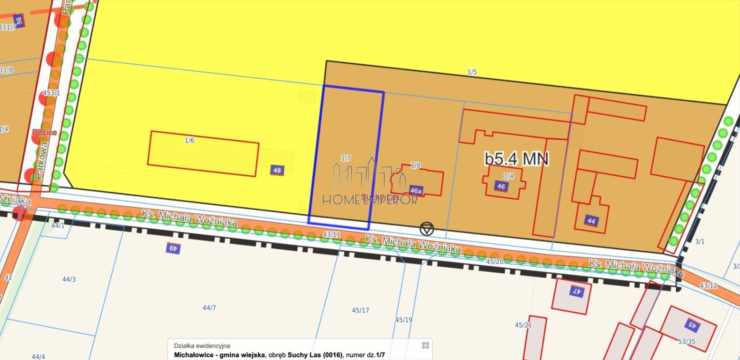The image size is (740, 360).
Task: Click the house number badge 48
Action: pos(277,170)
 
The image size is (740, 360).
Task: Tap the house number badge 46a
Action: pos(415,191)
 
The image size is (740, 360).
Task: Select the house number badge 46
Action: pos(501,186)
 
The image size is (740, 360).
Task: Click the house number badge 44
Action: pos(591,221)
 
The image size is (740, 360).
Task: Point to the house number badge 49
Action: pos(173,247)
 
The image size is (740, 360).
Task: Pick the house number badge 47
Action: pos(577,291)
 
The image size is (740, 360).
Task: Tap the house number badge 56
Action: pos(18,20)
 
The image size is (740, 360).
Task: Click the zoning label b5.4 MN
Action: pos(516,159)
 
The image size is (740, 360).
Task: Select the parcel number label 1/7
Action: pos(346,158)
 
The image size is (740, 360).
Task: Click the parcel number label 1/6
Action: pos(189,140)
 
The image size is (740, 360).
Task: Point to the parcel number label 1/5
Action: pos(472,72)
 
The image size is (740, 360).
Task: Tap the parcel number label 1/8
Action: pos(415,165)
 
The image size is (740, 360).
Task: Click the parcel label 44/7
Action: pos(209,307)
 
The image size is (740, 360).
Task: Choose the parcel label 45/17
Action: pos(360,310)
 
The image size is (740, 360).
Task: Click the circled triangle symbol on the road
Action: pos(427,229)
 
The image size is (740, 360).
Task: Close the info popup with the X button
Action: pos(425,345)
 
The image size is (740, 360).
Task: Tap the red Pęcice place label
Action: pos(44,132)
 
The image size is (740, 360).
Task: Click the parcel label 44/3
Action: pos(69,279)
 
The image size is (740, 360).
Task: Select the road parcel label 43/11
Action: pos(332,234)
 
